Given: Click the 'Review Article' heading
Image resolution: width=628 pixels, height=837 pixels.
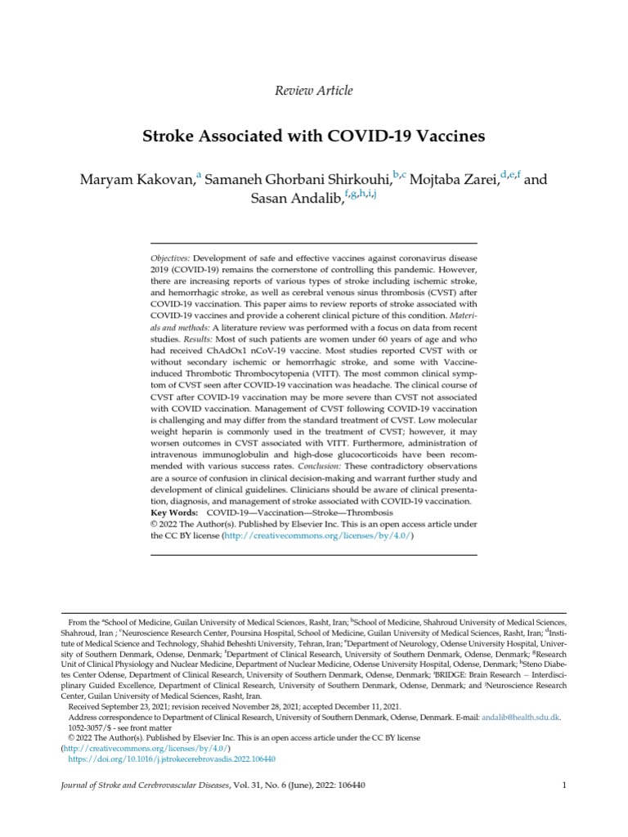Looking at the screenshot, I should point(314,90).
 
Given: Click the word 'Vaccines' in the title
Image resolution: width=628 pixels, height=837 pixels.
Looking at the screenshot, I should point(448,136).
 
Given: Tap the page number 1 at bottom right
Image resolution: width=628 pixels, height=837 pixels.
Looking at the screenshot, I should point(564,786).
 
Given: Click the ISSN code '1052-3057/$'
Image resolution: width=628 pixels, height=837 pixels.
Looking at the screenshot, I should point(92,727).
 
